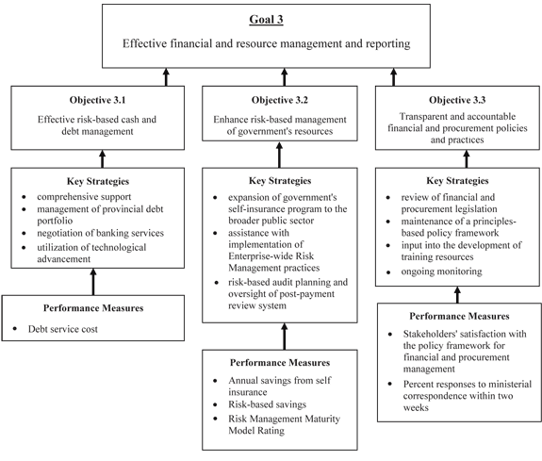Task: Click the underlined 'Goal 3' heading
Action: (266, 20)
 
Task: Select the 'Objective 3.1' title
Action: (97, 100)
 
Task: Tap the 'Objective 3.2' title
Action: (280, 100)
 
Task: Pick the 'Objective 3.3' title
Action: (457, 100)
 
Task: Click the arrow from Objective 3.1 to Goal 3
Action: (166, 77)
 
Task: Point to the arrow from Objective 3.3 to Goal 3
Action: (393, 77)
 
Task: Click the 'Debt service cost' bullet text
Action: (63, 329)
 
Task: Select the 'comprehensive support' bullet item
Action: (84, 197)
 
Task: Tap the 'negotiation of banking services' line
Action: (100, 233)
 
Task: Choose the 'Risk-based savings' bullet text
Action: (267, 404)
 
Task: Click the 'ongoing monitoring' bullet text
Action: (441, 272)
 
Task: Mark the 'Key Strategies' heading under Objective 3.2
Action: (280, 180)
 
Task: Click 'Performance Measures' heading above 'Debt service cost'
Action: (93, 308)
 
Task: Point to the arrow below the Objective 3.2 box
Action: (279, 155)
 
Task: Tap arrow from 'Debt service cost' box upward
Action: (93, 282)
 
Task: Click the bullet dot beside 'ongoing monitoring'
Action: (388, 272)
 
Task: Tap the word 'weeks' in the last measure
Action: (416, 408)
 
